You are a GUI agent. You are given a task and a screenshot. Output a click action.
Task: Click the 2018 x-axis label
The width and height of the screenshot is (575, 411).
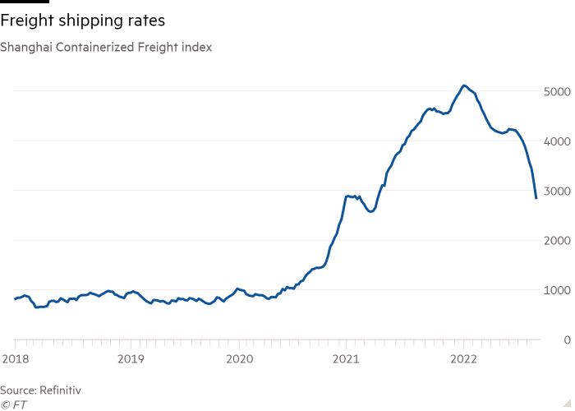[x=15, y=358]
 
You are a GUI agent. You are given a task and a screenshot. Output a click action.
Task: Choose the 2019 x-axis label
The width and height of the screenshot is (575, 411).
[x=131, y=358]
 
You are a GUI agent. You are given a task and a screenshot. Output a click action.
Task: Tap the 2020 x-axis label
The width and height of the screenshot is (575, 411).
[x=239, y=358]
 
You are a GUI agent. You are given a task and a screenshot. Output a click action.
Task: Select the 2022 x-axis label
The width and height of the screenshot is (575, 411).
[x=464, y=358]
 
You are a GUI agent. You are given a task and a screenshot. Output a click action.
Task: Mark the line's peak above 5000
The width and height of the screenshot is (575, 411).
[x=464, y=85]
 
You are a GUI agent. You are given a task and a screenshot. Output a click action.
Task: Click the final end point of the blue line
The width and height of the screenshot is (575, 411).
[x=536, y=198]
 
